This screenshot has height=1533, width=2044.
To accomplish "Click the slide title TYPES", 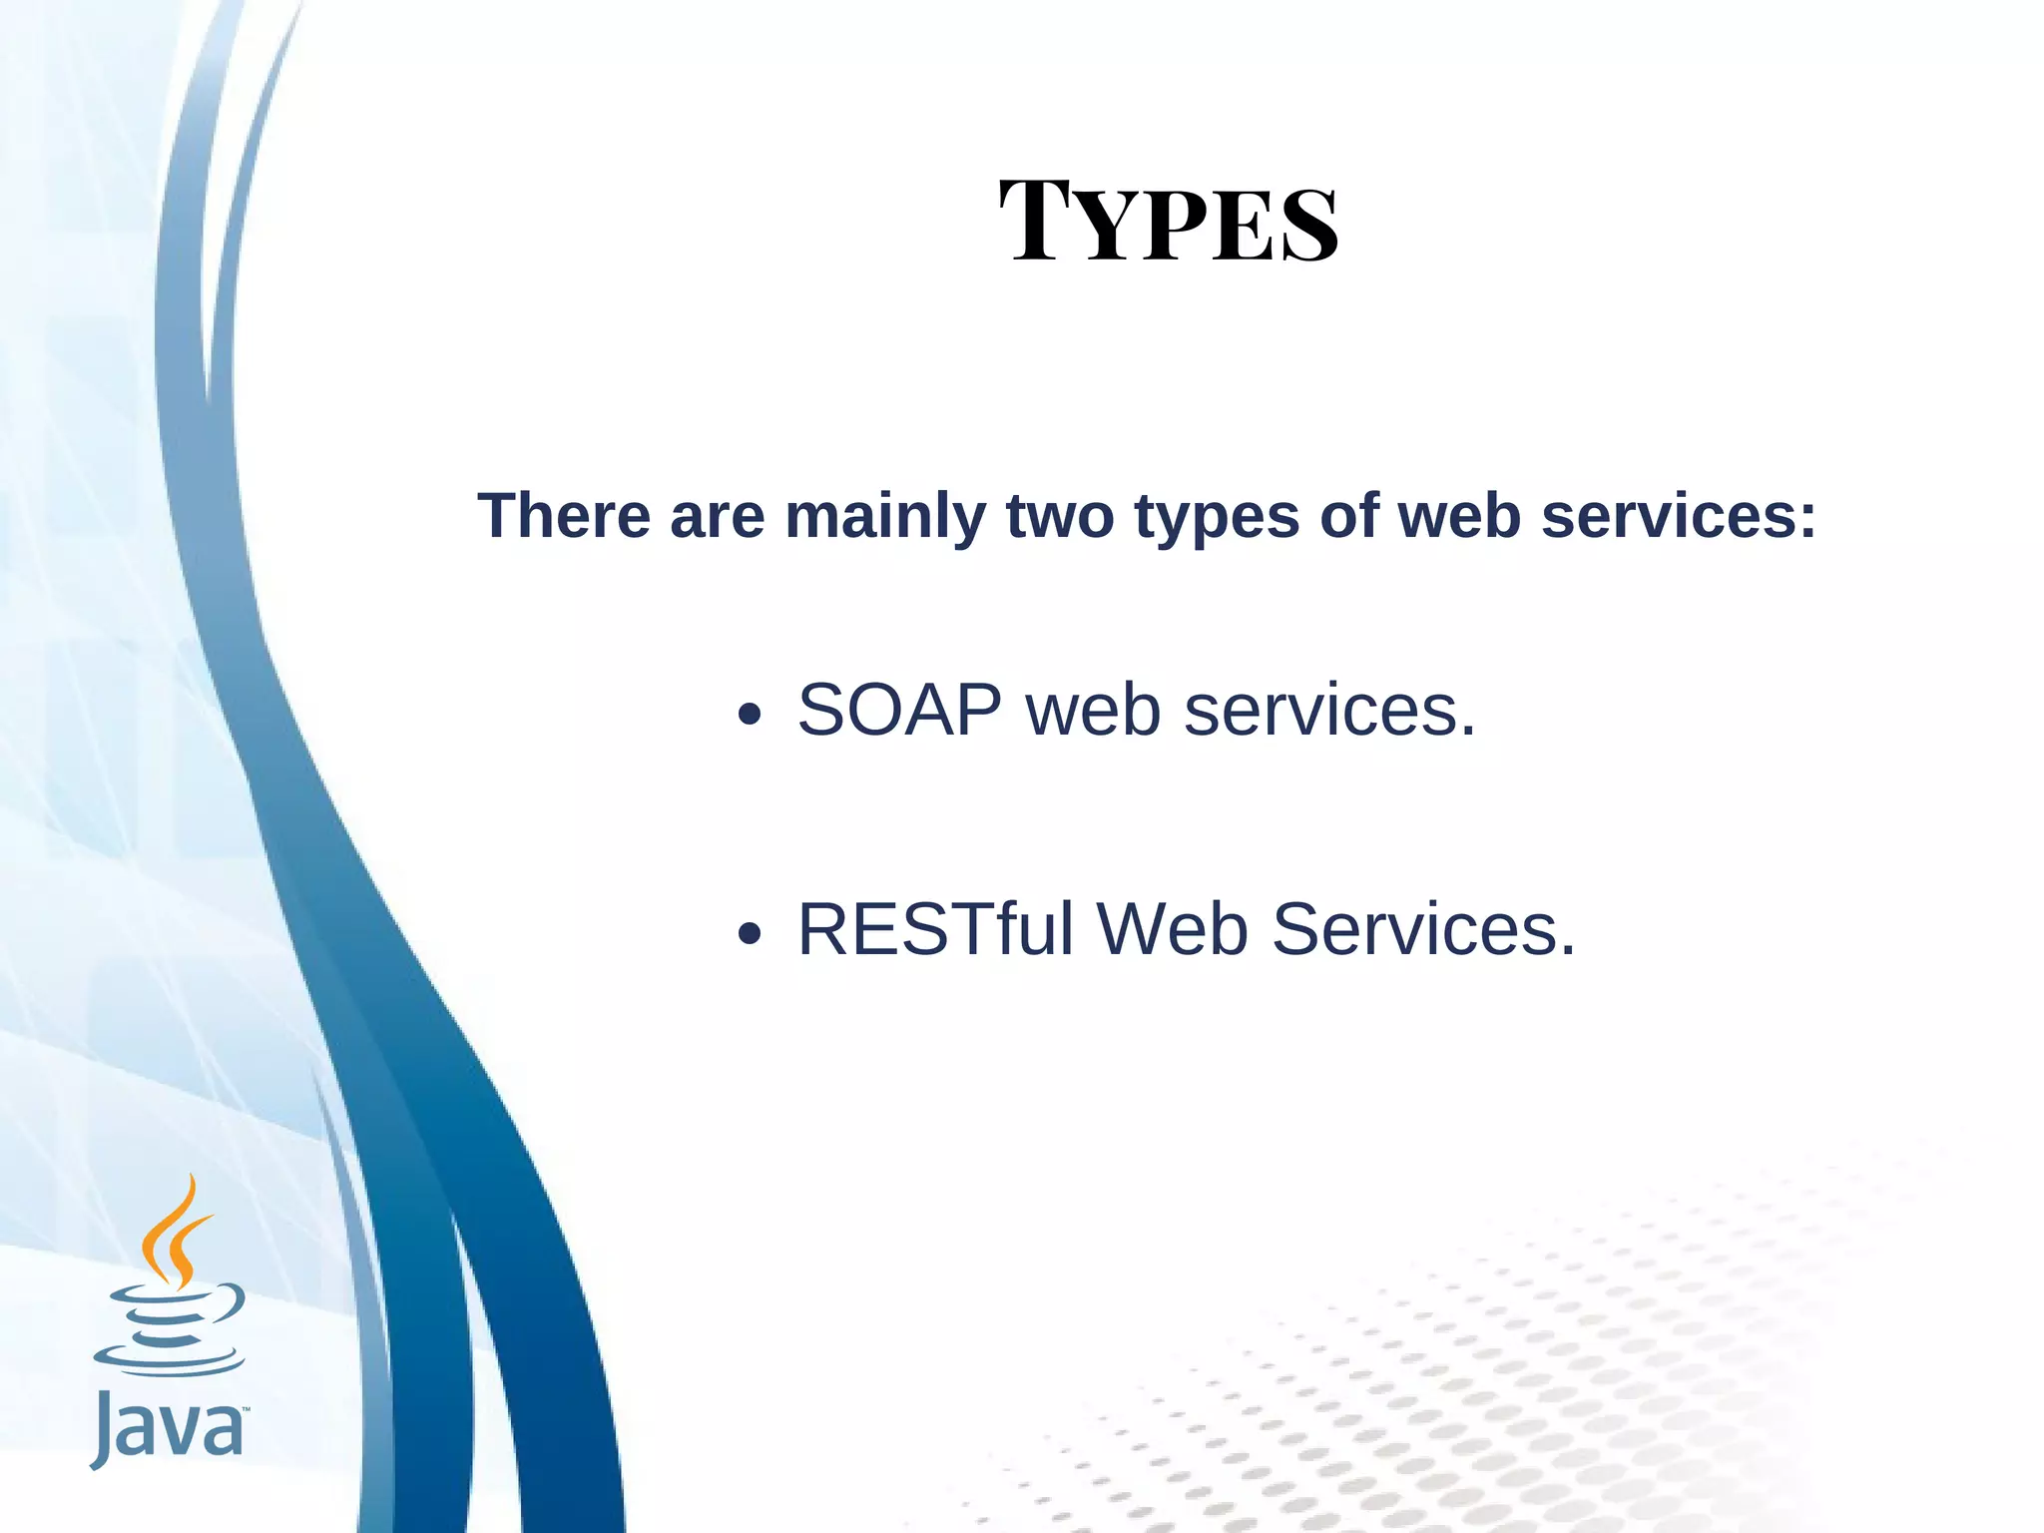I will point(1168,222).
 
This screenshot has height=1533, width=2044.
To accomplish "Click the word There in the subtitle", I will point(564,516).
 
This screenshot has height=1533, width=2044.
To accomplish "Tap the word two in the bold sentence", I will point(1059,516).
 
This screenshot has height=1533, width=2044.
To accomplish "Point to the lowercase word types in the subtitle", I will point(1217,518).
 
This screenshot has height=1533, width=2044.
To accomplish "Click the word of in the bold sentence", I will point(1348,516).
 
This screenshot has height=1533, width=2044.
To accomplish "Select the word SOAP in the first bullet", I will point(899,710).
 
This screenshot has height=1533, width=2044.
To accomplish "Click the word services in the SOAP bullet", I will point(1328,710).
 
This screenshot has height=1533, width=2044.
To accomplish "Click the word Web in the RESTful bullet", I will point(1173,929).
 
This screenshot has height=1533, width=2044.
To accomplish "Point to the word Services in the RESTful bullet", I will point(1423,929).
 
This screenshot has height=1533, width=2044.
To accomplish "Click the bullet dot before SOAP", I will point(750,715).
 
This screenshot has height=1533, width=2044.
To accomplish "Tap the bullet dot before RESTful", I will point(750,934).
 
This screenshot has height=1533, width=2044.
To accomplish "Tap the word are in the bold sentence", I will point(717,516).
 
